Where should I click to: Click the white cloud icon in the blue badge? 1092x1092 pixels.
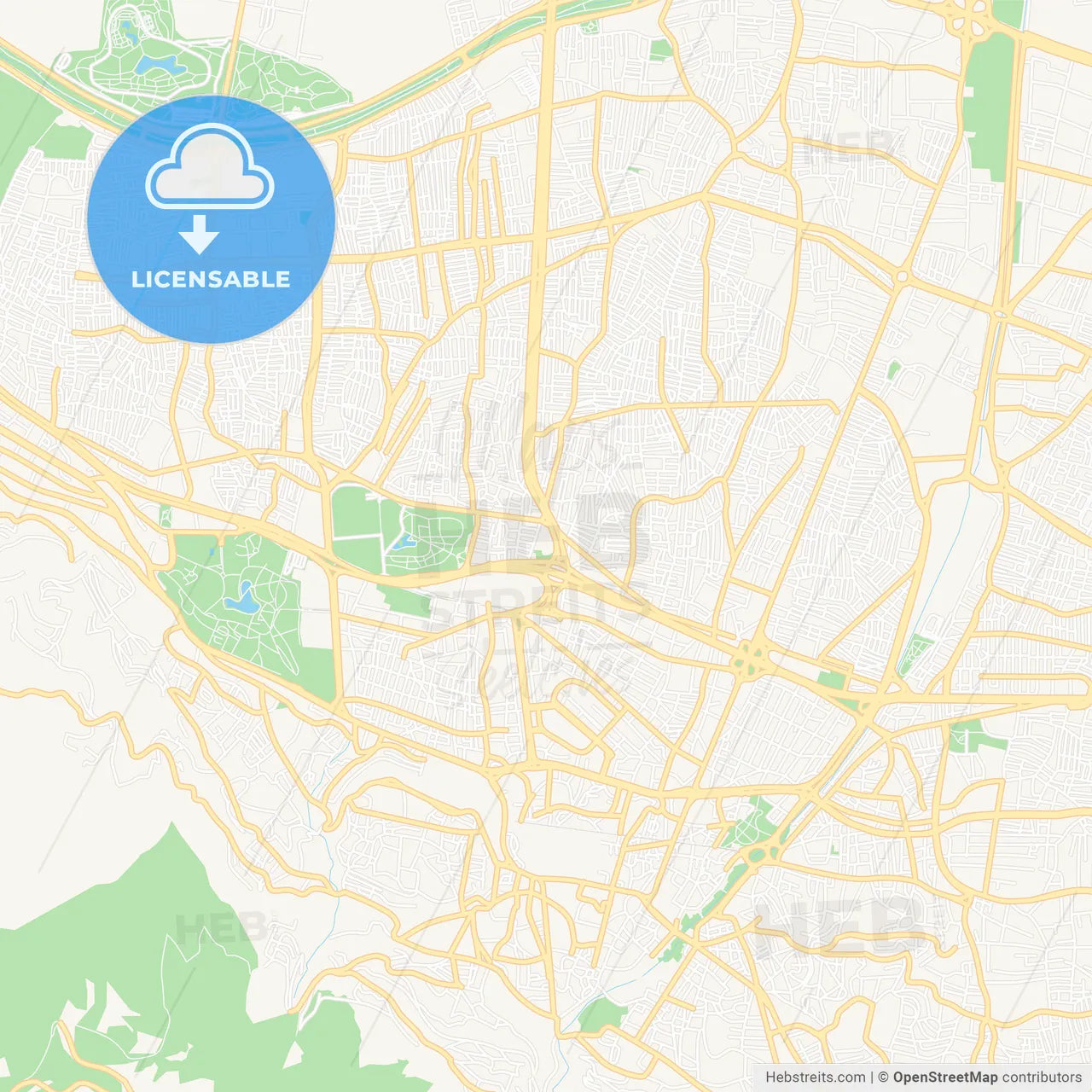(x=209, y=168)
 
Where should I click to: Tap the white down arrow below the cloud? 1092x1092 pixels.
(x=199, y=234)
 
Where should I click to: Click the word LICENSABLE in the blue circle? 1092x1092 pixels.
(x=211, y=279)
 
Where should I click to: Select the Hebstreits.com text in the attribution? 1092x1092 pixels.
(x=815, y=1077)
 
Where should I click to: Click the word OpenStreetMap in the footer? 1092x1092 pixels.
(x=945, y=1077)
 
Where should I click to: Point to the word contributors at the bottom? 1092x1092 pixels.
(x=1042, y=1077)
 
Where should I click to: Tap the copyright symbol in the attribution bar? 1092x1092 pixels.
(x=884, y=1077)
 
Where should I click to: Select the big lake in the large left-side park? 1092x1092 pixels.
(x=242, y=600)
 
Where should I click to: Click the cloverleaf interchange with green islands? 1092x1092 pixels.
(x=751, y=659)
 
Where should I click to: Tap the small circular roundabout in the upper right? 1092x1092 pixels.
(x=902, y=276)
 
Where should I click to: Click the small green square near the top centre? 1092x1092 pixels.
(x=660, y=50)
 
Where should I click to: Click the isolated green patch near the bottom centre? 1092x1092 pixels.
(x=602, y=1014)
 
